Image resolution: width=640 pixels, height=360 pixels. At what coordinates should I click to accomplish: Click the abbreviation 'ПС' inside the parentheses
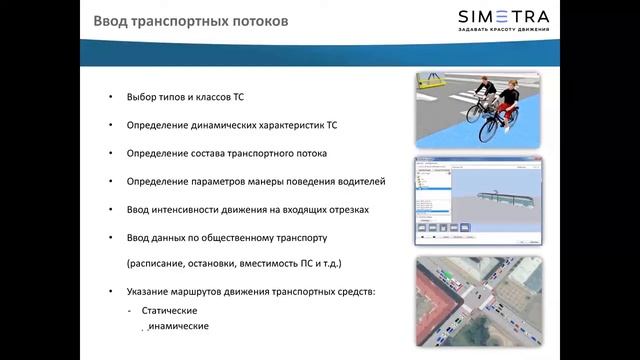[301, 263]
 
